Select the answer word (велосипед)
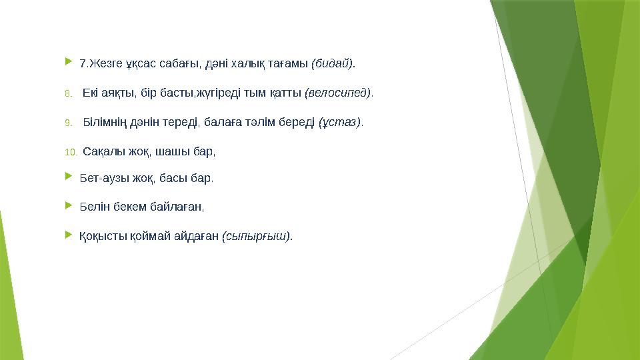pos(338,93)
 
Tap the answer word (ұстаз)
pos(340,123)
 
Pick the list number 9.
pos(68,123)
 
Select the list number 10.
pos(71,152)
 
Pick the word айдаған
pos(198,236)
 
